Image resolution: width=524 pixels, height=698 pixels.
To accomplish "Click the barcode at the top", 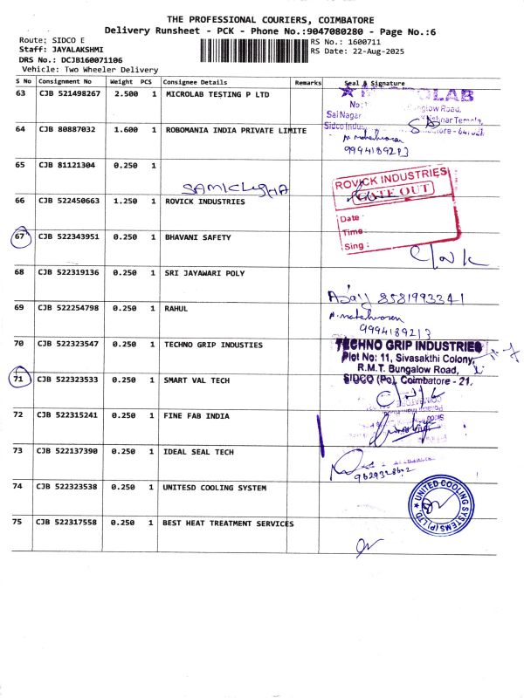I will click(253, 49).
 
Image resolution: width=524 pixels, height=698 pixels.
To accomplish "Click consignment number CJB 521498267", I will click(70, 92).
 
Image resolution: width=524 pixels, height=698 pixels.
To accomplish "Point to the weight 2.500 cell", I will click(127, 92).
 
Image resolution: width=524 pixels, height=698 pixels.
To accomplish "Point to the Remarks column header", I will click(307, 81).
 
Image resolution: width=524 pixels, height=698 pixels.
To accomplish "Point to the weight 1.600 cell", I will click(127, 129).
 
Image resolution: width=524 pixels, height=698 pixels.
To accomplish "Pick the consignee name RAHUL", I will click(177, 308).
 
